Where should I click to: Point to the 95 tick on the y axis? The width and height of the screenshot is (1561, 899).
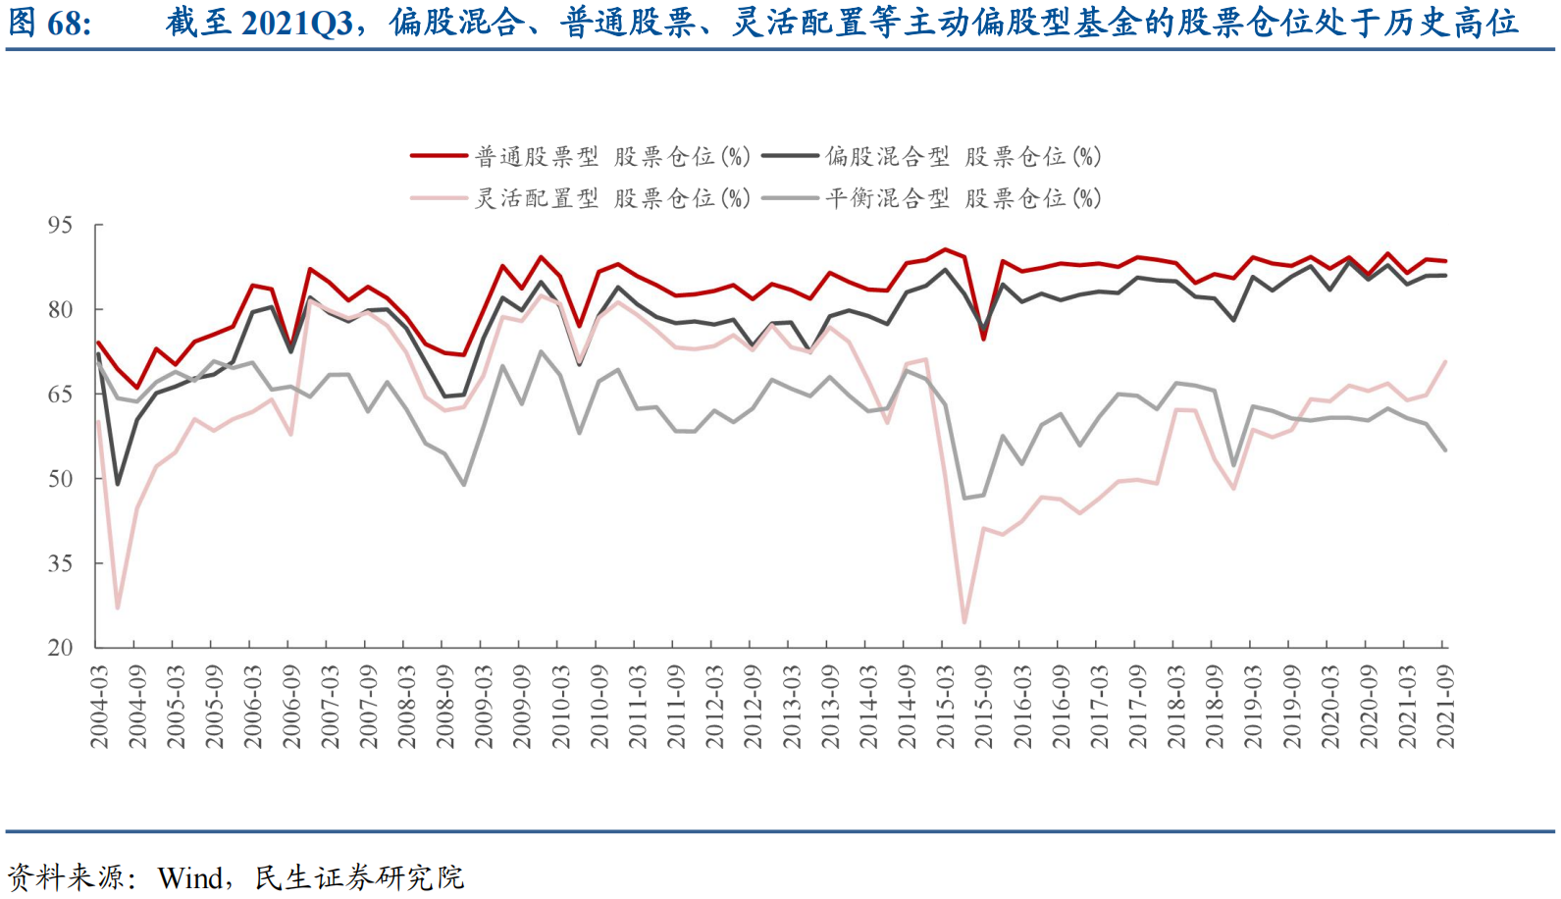[60, 225]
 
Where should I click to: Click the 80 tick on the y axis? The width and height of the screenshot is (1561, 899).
[60, 309]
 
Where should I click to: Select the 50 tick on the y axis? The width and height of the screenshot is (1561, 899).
[60, 479]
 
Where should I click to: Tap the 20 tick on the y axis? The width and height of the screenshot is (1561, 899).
[60, 648]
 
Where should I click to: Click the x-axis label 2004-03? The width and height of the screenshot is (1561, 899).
[99, 707]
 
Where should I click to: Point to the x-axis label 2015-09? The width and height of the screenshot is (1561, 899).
[983, 707]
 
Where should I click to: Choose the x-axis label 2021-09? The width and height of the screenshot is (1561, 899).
[1444, 707]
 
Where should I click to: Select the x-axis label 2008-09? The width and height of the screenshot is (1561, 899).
[445, 707]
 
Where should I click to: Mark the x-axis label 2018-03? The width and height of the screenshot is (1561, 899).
[1175, 707]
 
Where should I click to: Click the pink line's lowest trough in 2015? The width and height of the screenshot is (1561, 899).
[964, 621]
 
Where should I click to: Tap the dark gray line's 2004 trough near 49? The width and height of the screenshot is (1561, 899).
[118, 484]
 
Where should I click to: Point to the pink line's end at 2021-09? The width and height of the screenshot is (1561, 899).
[1444, 362]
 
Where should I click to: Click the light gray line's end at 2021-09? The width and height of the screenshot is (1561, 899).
[1444, 449]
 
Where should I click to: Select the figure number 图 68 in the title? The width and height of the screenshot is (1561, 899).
[49, 22]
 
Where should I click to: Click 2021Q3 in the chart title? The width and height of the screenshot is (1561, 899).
[296, 22]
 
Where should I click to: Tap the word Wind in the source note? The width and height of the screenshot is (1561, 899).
[189, 876]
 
